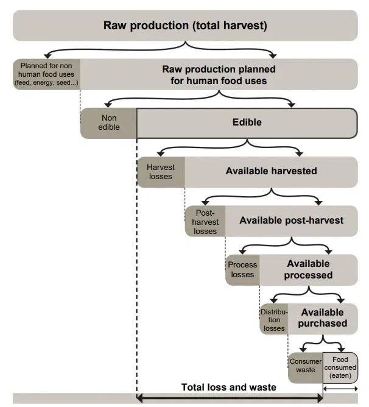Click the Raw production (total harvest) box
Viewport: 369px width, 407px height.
184,26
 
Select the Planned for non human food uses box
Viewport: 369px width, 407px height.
47,74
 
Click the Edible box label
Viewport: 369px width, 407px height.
247,122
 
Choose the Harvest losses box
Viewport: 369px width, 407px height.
161,172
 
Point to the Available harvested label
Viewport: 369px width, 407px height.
271,171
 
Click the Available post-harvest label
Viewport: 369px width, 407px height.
291,220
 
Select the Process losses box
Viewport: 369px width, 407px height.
242,269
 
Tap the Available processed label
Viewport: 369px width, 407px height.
308,269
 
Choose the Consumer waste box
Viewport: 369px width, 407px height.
305,366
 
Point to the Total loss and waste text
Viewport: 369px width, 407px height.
228,388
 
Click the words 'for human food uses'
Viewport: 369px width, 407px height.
218,80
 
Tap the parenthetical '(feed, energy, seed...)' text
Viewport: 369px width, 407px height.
47,82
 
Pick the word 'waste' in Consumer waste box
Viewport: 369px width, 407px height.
305,370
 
